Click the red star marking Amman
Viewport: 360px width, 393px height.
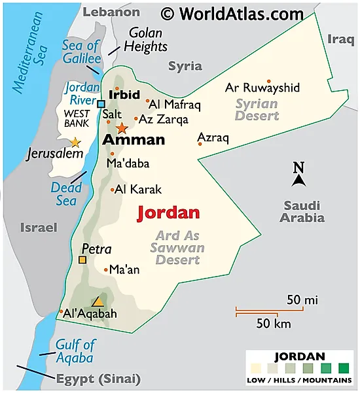click(x=122, y=128)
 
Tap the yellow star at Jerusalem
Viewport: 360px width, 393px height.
click(x=76, y=142)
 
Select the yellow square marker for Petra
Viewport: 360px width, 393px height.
click(x=82, y=260)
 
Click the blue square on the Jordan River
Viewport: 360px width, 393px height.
click(x=101, y=104)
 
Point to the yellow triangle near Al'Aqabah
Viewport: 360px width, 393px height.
click(x=98, y=301)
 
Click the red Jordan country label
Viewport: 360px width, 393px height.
click(x=168, y=213)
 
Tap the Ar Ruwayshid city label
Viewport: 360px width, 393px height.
click(x=262, y=88)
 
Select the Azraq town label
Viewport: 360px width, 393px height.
click(x=212, y=138)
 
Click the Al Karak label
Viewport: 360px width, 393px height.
click(x=137, y=190)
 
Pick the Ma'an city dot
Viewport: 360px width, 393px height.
click(x=106, y=269)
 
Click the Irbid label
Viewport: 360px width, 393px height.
click(x=124, y=95)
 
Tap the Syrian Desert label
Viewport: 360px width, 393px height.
click(x=257, y=110)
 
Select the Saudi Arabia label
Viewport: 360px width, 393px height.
click(x=302, y=211)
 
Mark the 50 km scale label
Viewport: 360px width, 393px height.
click(x=272, y=324)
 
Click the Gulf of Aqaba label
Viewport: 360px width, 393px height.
click(x=74, y=351)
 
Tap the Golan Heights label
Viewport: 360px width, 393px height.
click(x=147, y=39)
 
